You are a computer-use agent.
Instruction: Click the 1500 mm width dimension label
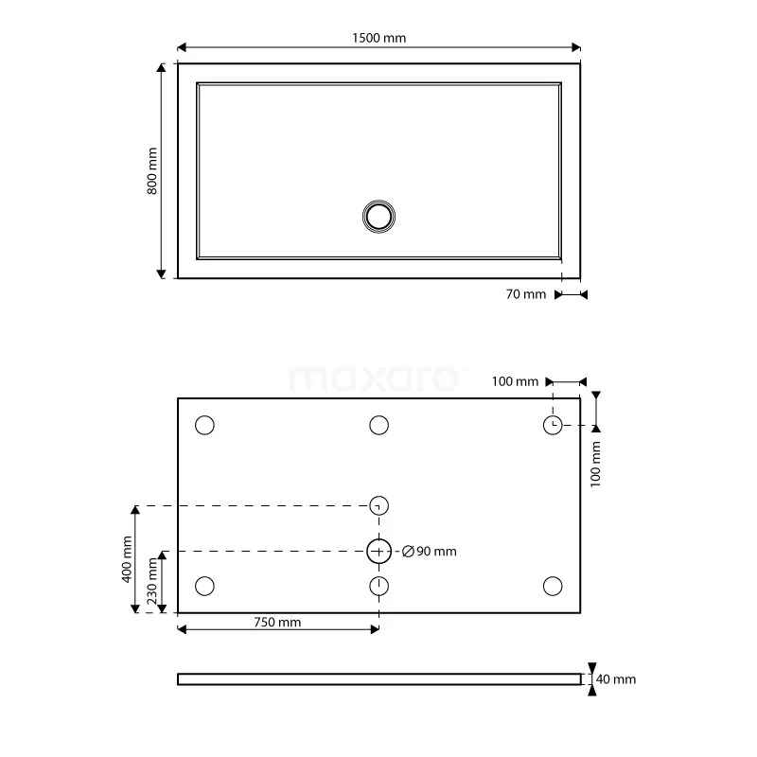379,38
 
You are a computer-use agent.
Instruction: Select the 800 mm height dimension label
152,171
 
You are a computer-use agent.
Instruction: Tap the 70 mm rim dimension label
526,294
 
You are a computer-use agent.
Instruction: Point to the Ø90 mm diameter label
430,552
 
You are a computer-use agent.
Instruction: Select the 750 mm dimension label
277,623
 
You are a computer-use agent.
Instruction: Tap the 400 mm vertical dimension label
127,559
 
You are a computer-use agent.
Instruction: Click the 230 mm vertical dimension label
152,581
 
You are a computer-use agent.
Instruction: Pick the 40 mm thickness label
616,679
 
